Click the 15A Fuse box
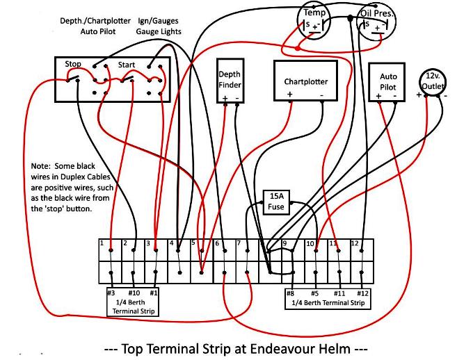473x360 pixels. click(x=276, y=202)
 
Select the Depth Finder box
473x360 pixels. click(x=230, y=81)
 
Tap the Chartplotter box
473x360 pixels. click(x=305, y=81)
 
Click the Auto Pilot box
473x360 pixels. click(x=387, y=82)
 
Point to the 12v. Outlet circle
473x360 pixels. click(x=432, y=82)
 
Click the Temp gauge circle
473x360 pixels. click(x=314, y=22)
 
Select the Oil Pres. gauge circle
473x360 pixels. click(x=376, y=23)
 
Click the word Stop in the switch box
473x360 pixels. click(x=73, y=64)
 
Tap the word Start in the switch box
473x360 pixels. click(x=127, y=65)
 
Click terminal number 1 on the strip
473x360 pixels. click(x=102, y=243)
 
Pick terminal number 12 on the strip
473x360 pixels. click(x=355, y=243)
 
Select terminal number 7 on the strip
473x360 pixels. click(x=239, y=243)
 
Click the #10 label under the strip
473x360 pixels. click(x=134, y=293)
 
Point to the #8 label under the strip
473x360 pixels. click(x=290, y=293)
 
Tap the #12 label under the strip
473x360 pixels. click(x=363, y=293)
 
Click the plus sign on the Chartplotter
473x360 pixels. click(x=289, y=95)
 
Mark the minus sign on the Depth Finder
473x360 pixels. click(x=237, y=98)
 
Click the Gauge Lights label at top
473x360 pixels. click(x=159, y=32)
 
